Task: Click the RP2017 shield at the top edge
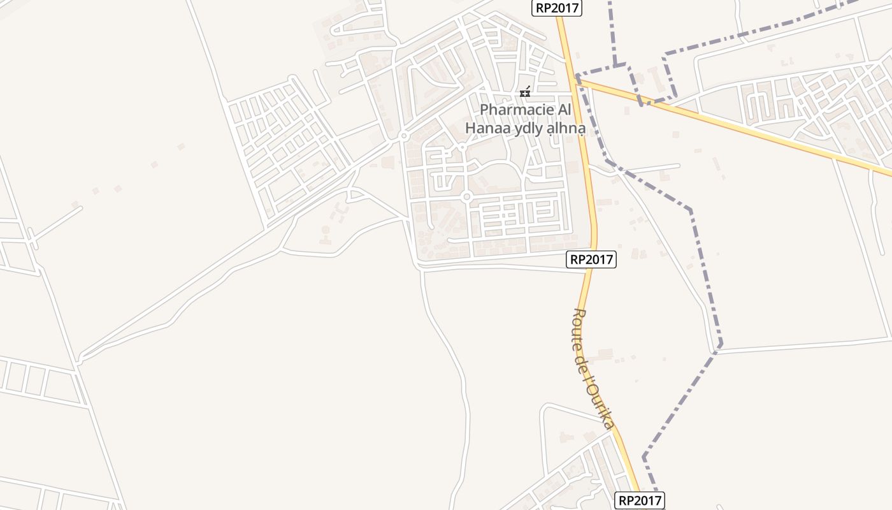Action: point(557,8)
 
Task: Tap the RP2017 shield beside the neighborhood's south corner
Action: point(591,259)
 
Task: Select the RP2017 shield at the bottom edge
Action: point(640,500)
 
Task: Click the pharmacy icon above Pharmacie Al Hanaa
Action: point(524,93)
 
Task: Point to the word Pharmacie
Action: point(517,110)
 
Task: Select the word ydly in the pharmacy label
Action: point(526,129)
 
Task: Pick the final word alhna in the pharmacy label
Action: point(566,129)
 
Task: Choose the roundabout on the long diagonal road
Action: point(403,136)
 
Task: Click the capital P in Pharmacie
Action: point(484,110)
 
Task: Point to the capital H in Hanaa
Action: point(470,128)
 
